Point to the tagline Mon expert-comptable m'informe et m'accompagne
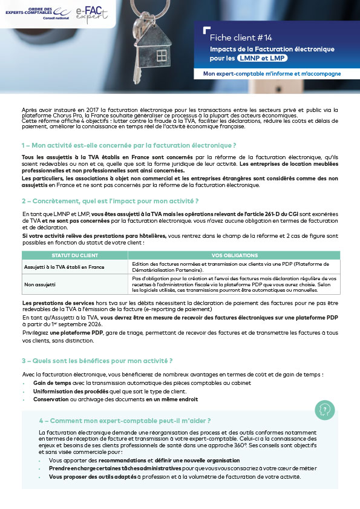click(272, 74)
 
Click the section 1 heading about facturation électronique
click(128, 145)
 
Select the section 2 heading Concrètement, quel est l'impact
click(110, 200)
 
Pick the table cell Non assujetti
click(40, 283)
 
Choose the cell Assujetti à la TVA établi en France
click(64, 266)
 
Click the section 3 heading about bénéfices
click(97, 361)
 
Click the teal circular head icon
click(324, 410)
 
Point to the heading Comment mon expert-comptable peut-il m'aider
click(125, 420)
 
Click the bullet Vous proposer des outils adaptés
click(174, 476)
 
